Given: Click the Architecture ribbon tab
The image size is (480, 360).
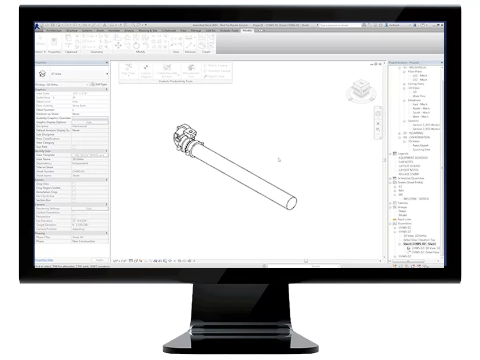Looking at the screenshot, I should (x=53, y=30).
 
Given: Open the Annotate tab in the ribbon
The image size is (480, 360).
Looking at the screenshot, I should (x=113, y=30).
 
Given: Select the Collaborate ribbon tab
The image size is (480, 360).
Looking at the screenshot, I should (x=169, y=30).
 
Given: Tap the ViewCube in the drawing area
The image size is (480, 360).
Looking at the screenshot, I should (x=359, y=90).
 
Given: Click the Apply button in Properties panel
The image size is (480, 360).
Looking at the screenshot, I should (x=99, y=260).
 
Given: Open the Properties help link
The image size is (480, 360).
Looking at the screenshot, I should (x=44, y=260).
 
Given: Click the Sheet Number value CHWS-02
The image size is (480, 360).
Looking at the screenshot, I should (x=79, y=172).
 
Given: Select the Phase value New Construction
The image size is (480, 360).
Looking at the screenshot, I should (x=83, y=241).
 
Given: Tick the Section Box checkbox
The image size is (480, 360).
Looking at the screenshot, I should (x=73, y=201).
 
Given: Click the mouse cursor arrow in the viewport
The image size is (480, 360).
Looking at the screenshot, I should (x=279, y=160).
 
